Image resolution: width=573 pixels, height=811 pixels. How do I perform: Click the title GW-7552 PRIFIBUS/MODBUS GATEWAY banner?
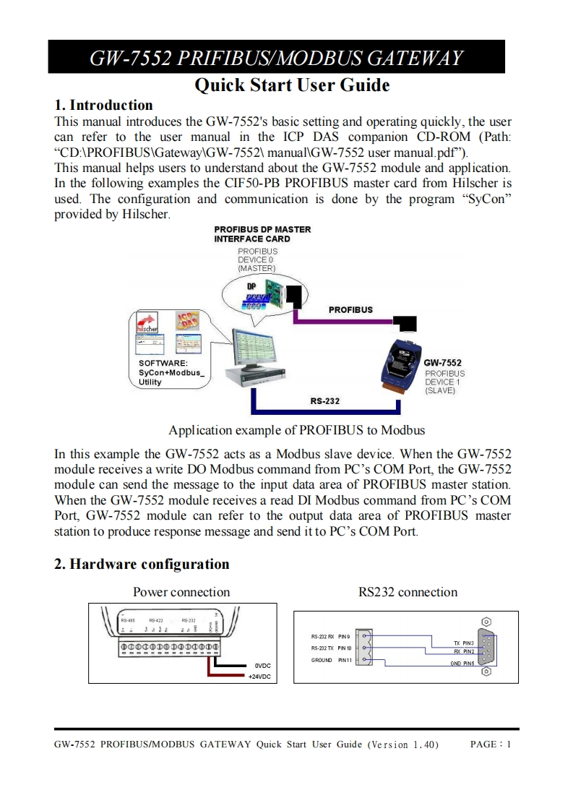(x=276, y=57)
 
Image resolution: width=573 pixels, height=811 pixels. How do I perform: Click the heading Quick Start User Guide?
(x=292, y=85)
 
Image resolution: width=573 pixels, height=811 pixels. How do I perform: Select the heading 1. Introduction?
(x=103, y=106)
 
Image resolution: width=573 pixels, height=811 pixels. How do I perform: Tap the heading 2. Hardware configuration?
(x=142, y=565)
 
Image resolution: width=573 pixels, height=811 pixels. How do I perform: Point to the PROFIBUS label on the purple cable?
(x=350, y=309)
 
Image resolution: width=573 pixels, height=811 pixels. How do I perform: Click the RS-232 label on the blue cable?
(x=324, y=400)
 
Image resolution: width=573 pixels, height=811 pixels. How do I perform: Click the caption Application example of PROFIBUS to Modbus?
(x=296, y=430)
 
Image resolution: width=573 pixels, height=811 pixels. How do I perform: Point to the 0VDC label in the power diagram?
(x=262, y=665)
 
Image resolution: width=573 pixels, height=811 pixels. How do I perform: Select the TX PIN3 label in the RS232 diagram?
(x=463, y=643)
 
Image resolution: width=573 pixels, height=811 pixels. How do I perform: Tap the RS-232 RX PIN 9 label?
(x=330, y=637)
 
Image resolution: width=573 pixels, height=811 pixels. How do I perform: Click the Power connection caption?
(x=181, y=593)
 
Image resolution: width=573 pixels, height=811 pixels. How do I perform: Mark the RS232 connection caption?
(x=408, y=593)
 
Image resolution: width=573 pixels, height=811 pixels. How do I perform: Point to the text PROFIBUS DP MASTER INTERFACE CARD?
(x=262, y=234)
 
